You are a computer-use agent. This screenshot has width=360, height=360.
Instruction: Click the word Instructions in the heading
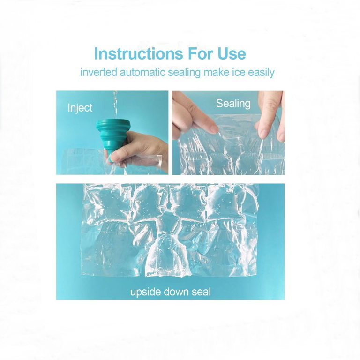pyautogui.click(x=139, y=54)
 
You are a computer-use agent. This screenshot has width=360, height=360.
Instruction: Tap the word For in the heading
pyautogui.click(x=201, y=54)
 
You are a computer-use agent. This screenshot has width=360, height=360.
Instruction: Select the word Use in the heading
pyautogui.click(x=232, y=54)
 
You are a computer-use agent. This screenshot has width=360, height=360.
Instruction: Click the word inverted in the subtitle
pyautogui.click(x=99, y=72)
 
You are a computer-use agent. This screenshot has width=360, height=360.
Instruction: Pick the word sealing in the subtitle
pyautogui.click(x=184, y=73)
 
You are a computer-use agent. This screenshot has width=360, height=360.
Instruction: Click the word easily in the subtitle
pyautogui.click(x=261, y=73)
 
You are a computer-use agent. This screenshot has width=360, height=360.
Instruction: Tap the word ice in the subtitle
pyautogui.click(x=239, y=72)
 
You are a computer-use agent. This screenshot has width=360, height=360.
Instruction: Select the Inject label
pyautogui.click(x=80, y=108)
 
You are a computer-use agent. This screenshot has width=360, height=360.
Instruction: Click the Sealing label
pyautogui.click(x=233, y=104)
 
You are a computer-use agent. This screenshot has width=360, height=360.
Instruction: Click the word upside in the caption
pyautogui.click(x=146, y=292)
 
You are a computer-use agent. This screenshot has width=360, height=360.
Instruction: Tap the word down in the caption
pyautogui.click(x=176, y=292)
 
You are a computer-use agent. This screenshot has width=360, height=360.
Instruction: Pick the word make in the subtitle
pyautogui.click(x=216, y=72)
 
